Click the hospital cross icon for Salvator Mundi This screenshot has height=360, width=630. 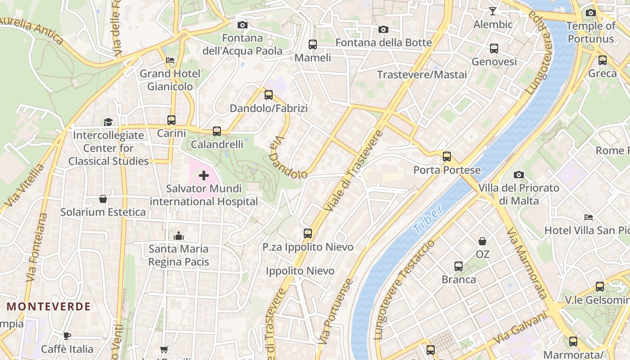[x=204, y=175]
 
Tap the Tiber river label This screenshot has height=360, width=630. [x=428, y=219]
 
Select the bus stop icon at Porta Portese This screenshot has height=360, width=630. [x=446, y=157]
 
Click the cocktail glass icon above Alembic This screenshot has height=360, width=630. [x=493, y=11]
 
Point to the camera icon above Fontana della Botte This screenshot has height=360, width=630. [x=383, y=30]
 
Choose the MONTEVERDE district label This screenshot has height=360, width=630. [x=49, y=307]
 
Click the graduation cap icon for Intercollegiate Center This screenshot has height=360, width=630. [x=108, y=122]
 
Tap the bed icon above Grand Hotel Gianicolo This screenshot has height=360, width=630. [x=170, y=60]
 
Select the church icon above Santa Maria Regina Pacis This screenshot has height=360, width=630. [x=179, y=236]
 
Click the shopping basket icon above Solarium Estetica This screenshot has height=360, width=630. [x=103, y=199]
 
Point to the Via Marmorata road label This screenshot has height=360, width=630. [x=526, y=263]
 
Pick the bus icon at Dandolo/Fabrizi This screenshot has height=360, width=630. [x=269, y=95]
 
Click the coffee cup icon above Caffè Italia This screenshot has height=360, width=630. [x=67, y=336]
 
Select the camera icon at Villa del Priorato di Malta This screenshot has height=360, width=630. [x=519, y=175]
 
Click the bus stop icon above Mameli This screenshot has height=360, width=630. [x=312, y=45]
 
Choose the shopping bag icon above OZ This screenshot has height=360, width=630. [x=482, y=241]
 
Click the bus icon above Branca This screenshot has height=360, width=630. [x=459, y=266]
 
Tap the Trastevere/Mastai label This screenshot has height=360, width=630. [x=422, y=75]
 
